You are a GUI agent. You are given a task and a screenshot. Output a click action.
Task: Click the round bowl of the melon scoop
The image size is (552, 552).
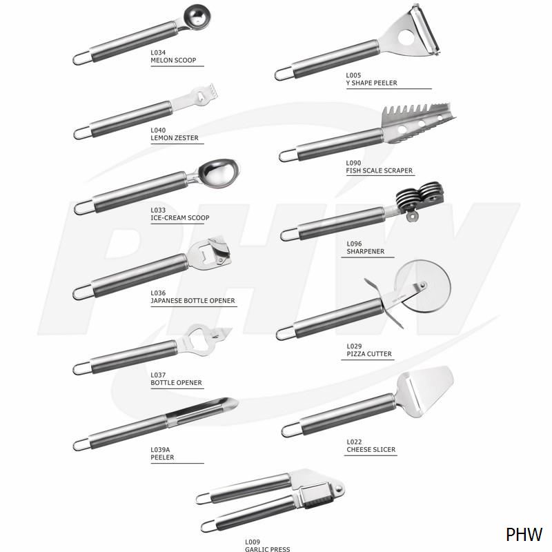[197, 17]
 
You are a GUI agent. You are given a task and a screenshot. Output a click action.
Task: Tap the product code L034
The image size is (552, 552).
[158, 52]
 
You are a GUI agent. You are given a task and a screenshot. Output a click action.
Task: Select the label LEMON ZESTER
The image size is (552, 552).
[175, 138]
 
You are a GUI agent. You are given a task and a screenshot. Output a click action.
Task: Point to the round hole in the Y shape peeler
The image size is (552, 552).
[406, 37]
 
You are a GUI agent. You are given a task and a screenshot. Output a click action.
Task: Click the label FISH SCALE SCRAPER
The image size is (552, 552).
[379, 170]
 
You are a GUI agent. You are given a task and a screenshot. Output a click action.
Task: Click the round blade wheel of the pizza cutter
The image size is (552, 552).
[422, 286]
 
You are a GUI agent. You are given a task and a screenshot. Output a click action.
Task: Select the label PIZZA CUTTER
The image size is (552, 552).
[369, 354]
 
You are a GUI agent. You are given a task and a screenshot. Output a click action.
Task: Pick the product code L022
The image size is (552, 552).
[354, 442]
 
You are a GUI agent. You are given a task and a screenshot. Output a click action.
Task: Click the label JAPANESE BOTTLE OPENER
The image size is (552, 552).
[193, 301]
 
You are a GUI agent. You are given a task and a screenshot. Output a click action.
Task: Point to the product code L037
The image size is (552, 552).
[158, 375]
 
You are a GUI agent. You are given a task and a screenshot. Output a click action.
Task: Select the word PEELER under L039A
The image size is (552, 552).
[162, 457]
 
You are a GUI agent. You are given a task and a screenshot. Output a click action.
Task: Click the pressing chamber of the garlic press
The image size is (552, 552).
[315, 495]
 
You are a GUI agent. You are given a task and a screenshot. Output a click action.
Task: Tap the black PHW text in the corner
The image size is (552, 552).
[524, 534]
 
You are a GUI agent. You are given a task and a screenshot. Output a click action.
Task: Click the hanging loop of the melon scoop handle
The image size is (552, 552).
[82, 59]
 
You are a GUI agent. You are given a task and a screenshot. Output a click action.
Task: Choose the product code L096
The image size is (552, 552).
[354, 244]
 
